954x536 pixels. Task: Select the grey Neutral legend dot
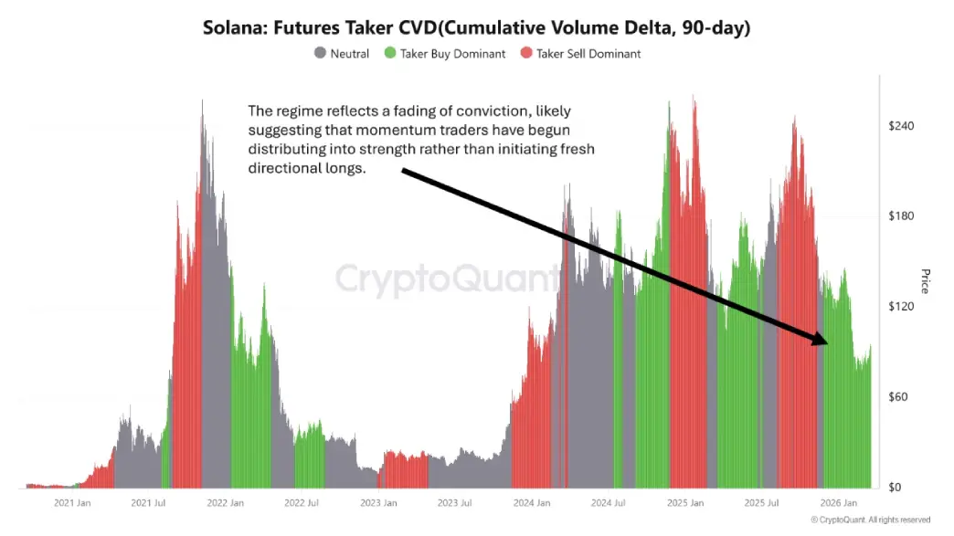point(320,53)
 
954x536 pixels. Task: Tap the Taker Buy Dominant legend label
point(452,54)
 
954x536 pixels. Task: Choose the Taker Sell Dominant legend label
point(588,54)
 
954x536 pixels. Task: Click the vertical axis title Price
point(924,281)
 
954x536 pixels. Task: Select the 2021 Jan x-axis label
point(71,503)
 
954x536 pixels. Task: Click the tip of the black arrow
point(826,342)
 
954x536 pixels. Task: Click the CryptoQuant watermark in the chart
point(448,279)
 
